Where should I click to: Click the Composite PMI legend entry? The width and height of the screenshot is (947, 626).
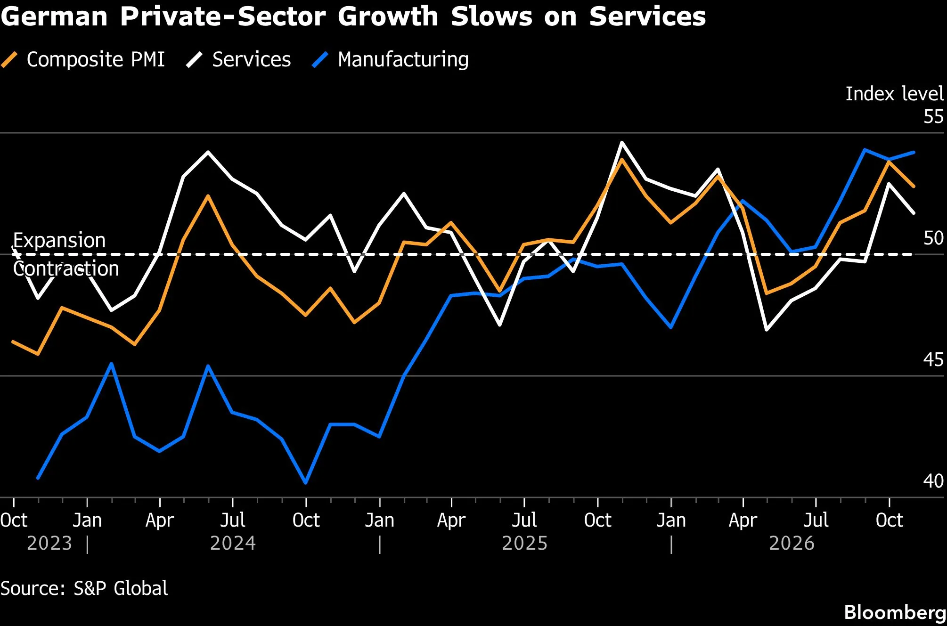(x=83, y=60)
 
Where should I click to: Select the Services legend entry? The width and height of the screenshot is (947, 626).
(x=238, y=60)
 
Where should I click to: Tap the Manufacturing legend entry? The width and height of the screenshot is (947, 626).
(x=391, y=60)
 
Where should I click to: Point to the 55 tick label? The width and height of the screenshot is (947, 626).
(x=933, y=116)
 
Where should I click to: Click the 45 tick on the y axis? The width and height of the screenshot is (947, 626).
(x=933, y=359)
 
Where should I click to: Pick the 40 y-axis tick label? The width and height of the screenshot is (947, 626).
(x=933, y=481)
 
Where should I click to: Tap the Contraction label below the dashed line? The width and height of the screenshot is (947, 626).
(x=66, y=268)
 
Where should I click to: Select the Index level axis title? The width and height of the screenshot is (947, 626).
(x=895, y=94)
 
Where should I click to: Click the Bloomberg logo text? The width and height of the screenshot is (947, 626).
(x=895, y=612)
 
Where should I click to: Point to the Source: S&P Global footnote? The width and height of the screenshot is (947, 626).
(x=84, y=588)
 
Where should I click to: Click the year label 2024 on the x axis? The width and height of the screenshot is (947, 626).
(x=233, y=544)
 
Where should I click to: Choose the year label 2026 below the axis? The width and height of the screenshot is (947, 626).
(x=792, y=544)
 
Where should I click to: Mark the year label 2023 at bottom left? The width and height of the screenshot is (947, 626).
(x=49, y=544)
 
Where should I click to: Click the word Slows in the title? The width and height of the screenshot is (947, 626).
(x=491, y=16)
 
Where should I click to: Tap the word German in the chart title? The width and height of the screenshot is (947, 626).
(x=54, y=16)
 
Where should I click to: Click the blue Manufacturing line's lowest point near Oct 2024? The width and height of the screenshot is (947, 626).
(x=306, y=483)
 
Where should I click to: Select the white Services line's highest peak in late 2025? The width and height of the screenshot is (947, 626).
(x=622, y=142)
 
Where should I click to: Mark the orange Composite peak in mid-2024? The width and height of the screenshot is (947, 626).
(x=208, y=196)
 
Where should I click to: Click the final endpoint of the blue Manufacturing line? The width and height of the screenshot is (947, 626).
(x=914, y=152)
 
